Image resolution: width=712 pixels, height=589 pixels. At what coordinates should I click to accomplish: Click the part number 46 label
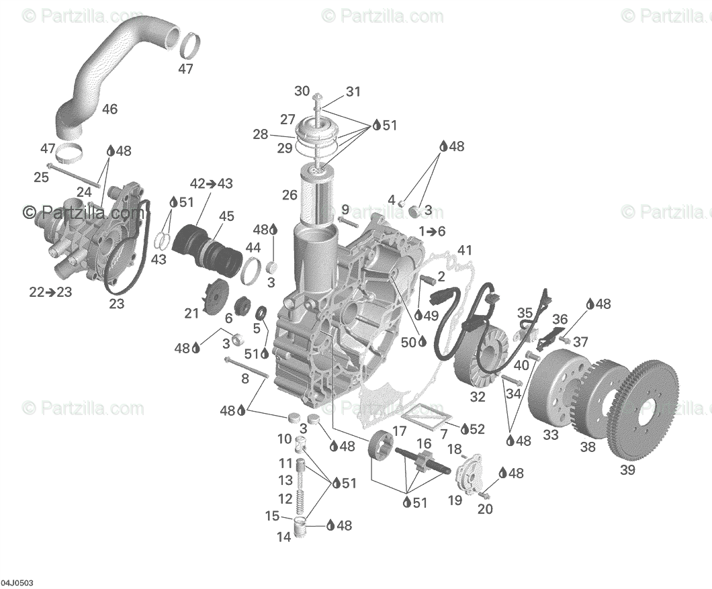point(109,109)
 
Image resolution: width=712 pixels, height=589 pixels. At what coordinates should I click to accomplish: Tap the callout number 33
point(551,435)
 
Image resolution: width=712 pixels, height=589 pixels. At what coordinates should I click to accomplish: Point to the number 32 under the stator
point(478,397)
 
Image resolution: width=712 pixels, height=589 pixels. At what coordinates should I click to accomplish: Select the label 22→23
point(50,292)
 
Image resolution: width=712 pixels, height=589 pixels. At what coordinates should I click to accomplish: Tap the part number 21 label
point(192,313)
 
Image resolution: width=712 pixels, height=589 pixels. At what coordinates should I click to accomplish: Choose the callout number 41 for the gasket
point(465,251)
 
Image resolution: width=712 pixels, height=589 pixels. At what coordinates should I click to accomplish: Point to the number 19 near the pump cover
point(455,500)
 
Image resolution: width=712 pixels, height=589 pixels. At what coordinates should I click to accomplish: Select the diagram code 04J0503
point(17,582)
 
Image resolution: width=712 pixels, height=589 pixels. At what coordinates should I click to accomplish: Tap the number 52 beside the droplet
point(477,428)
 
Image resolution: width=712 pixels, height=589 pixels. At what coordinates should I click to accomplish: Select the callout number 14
point(284,537)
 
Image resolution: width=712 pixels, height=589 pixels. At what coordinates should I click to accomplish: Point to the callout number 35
point(525,312)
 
